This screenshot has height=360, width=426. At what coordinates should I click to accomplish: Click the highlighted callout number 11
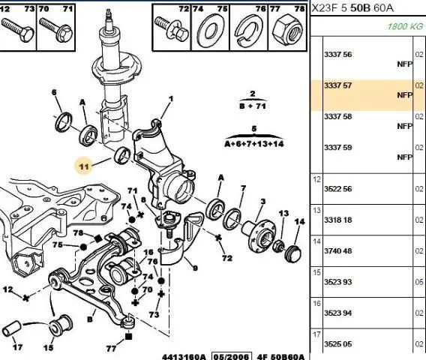[84, 166]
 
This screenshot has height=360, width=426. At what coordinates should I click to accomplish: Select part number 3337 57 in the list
[337, 85]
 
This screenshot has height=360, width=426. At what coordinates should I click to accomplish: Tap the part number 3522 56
[337, 189]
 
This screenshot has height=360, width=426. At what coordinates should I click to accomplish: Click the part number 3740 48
[337, 250]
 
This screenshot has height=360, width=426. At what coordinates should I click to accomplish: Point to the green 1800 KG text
[405, 26]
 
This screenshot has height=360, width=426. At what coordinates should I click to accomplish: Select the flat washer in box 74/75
[211, 31]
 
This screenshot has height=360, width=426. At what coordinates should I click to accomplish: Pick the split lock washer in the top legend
[247, 29]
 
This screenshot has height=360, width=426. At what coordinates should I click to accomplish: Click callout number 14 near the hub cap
[299, 222]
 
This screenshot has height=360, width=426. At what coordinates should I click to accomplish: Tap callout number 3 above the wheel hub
[262, 202]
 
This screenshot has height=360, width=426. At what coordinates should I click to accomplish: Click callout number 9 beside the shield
[195, 268]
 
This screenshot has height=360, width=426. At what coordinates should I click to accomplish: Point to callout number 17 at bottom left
[17, 347]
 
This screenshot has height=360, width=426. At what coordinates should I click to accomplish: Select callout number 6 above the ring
[54, 92]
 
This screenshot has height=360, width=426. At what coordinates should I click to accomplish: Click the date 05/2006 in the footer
[232, 356]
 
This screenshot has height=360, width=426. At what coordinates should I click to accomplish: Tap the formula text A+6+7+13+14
[254, 144]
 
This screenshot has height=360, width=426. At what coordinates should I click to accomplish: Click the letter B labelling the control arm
[90, 319]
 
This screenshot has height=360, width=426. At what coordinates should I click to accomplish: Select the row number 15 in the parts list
[316, 272]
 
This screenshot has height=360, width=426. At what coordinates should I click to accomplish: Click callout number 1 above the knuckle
[171, 99]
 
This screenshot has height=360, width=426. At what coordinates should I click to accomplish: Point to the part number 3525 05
[337, 344]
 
